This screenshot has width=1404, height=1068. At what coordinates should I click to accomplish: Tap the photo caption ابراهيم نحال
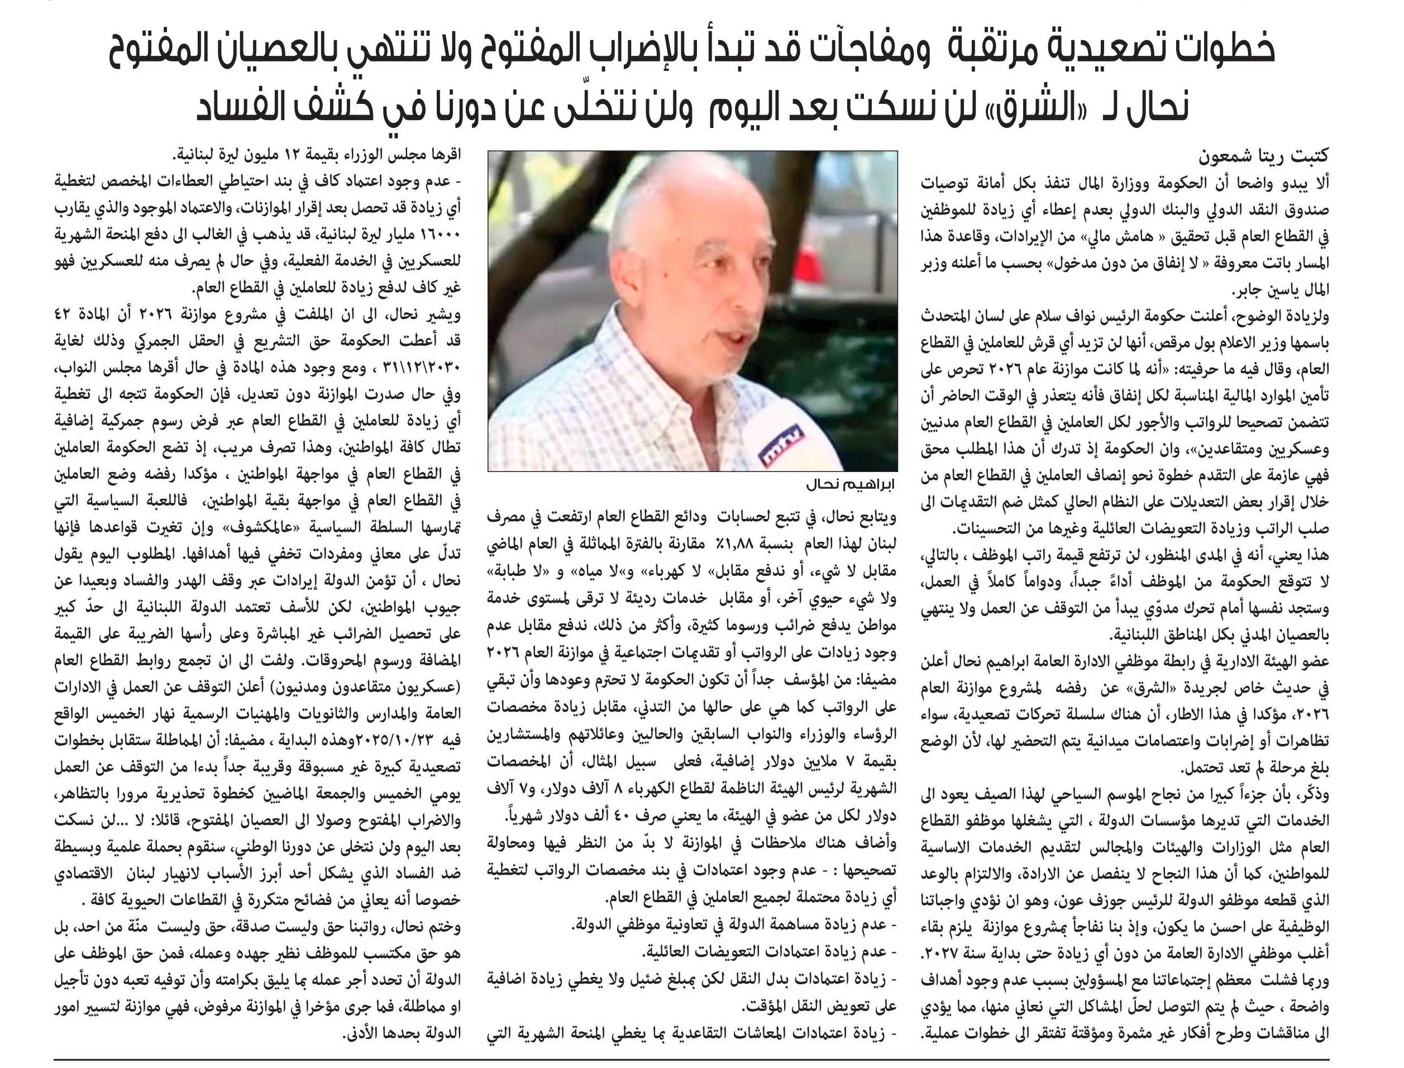851,484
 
